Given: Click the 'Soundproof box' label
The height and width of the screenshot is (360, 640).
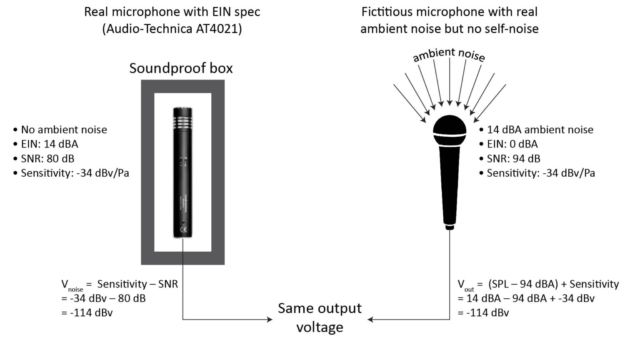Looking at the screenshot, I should point(181,68).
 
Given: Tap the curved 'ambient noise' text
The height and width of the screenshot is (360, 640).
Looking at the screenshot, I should point(449,54).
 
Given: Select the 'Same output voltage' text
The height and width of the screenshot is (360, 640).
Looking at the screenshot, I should point(320,317).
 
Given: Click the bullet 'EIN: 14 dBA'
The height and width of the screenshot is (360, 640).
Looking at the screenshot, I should point(49,144).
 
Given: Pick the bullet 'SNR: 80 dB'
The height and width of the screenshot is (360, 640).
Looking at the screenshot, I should point(47,159).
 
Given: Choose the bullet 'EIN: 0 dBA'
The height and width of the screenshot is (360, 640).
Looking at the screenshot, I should point(512,144).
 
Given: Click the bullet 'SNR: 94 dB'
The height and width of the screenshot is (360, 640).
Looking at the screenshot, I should point(513,159).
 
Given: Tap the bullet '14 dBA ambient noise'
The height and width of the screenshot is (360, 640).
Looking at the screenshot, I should point(540,130).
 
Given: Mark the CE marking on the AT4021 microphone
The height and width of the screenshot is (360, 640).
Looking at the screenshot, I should point(183,230).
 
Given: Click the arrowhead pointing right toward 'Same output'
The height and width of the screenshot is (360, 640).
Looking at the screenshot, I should point(270,320).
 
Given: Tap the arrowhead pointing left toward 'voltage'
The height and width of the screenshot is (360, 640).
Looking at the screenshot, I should point(370,320).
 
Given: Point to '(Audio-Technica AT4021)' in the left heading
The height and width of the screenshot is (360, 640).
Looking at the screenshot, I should point(172,29).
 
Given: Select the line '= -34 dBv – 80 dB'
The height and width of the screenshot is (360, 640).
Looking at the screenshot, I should point(103,298).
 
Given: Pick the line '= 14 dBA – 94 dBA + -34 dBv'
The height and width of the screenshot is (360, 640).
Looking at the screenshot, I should point(526,298).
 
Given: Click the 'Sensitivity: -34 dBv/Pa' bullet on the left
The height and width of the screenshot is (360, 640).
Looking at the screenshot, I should point(75,173).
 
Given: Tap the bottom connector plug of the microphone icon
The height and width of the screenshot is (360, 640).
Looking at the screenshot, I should point(449,227).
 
